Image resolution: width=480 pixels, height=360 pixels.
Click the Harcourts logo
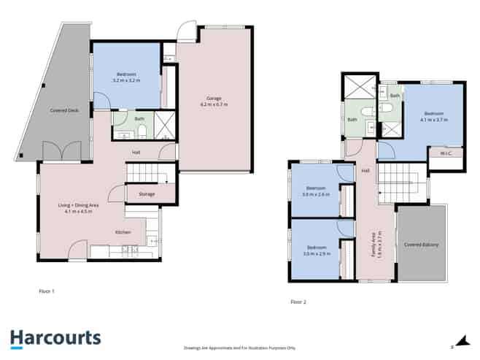pyautogui.click(x=55, y=338)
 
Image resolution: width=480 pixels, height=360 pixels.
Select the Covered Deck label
pyautogui.click(x=64, y=110)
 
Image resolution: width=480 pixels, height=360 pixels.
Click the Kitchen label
pyautogui.click(x=123, y=231)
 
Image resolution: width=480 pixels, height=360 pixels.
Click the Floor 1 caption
pyautogui.click(x=47, y=291)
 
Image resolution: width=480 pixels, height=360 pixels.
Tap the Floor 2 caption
pyautogui.click(x=298, y=301)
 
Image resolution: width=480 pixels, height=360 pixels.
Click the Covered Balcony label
pyautogui.click(x=421, y=245)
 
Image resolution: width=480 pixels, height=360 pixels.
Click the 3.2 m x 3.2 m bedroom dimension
pyautogui.click(x=125, y=80)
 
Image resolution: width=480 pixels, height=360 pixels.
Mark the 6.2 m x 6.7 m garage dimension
pyautogui.click(x=213, y=104)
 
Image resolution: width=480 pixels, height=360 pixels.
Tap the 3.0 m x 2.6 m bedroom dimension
pyautogui.click(x=317, y=195)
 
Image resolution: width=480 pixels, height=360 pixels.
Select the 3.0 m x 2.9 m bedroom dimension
pyautogui.click(x=317, y=253)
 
